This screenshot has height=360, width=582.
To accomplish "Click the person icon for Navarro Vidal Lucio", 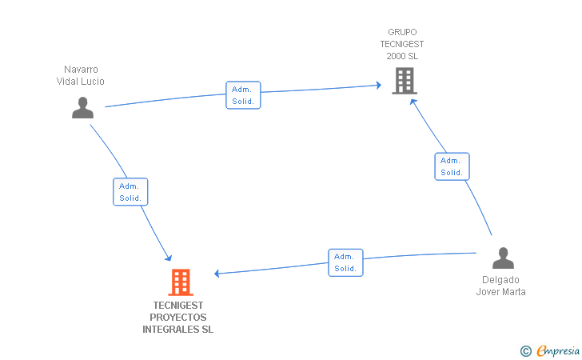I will pos(82,107).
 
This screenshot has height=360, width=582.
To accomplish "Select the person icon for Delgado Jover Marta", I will pos(503,258).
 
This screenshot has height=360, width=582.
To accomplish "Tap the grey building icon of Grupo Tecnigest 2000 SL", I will pos(405,81).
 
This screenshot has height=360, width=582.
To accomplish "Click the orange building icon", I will pos(181,282).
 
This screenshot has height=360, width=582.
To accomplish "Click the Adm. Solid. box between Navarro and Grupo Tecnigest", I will pos(243,95).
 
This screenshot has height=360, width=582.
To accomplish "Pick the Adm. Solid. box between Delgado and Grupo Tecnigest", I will pos(452,166).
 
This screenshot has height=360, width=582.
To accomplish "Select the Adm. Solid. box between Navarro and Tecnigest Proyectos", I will pos(130,192).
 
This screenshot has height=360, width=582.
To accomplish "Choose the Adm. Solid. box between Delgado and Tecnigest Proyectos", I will pos(345,262).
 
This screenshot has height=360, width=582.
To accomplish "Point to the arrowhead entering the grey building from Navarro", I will pos(378,84).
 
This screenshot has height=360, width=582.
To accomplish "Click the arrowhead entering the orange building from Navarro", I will pos(169,258).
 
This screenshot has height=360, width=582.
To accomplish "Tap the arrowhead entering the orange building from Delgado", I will pos(217,274).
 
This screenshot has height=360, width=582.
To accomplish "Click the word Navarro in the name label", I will pos(81,70).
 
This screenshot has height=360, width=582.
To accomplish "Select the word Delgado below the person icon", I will pos(500,280).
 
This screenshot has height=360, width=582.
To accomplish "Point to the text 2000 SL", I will pos(402,56).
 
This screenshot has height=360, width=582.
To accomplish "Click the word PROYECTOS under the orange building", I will pos(178,318).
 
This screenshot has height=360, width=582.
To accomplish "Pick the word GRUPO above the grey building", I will pos(402,33).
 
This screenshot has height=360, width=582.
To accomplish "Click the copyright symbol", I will pos(525,350).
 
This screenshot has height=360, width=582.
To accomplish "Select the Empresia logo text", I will pos(558,350).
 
